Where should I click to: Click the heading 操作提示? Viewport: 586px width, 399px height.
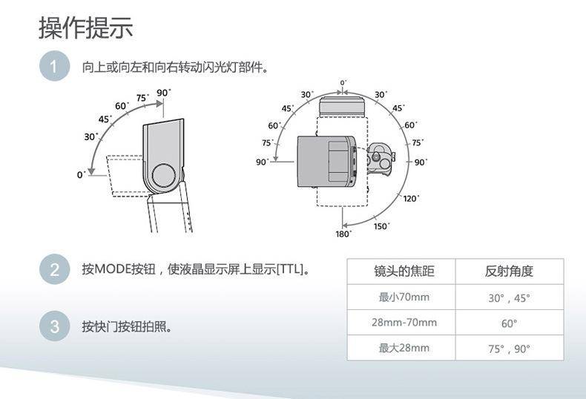click(x=86, y=27)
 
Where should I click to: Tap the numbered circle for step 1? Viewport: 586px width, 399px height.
click(x=55, y=66)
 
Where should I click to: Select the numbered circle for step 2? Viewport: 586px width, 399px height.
click(x=55, y=269)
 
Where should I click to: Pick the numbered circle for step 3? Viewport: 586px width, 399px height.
click(x=55, y=326)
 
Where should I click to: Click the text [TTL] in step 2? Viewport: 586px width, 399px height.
click(x=290, y=269)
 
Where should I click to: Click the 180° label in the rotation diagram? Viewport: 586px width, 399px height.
click(x=343, y=234)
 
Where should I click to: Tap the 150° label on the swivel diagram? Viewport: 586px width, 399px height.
click(x=381, y=226)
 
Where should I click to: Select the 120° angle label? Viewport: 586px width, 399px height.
click(x=411, y=198)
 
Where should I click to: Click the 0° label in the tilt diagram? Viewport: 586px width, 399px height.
click(x=81, y=174)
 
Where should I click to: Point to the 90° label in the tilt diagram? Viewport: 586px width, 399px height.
click(x=164, y=92)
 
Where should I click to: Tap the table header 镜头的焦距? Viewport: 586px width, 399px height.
click(x=404, y=271)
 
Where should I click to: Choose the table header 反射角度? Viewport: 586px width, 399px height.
click(x=509, y=271)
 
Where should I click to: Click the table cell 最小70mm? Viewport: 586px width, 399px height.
click(x=404, y=297)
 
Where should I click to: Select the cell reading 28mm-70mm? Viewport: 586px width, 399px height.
click(x=404, y=323)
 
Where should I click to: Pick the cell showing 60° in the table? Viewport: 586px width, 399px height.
click(x=509, y=323)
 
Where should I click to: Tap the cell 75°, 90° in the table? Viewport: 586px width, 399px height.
click(x=509, y=349)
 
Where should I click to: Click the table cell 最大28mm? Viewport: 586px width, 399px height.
click(x=404, y=348)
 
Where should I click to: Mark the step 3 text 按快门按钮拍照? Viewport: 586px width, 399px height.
click(x=127, y=326)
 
